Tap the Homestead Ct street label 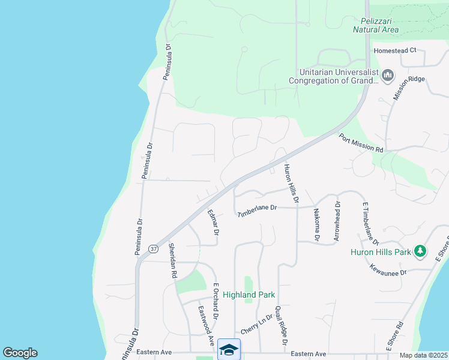(395, 50)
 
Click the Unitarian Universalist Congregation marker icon (387, 75)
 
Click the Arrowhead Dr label (337, 221)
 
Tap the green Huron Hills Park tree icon (421, 251)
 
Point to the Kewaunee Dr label (388, 269)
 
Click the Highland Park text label (249, 295)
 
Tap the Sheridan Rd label (172, 260)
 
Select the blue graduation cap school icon (229, 349)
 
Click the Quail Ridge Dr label (280, 325)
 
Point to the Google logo (20, 353)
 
